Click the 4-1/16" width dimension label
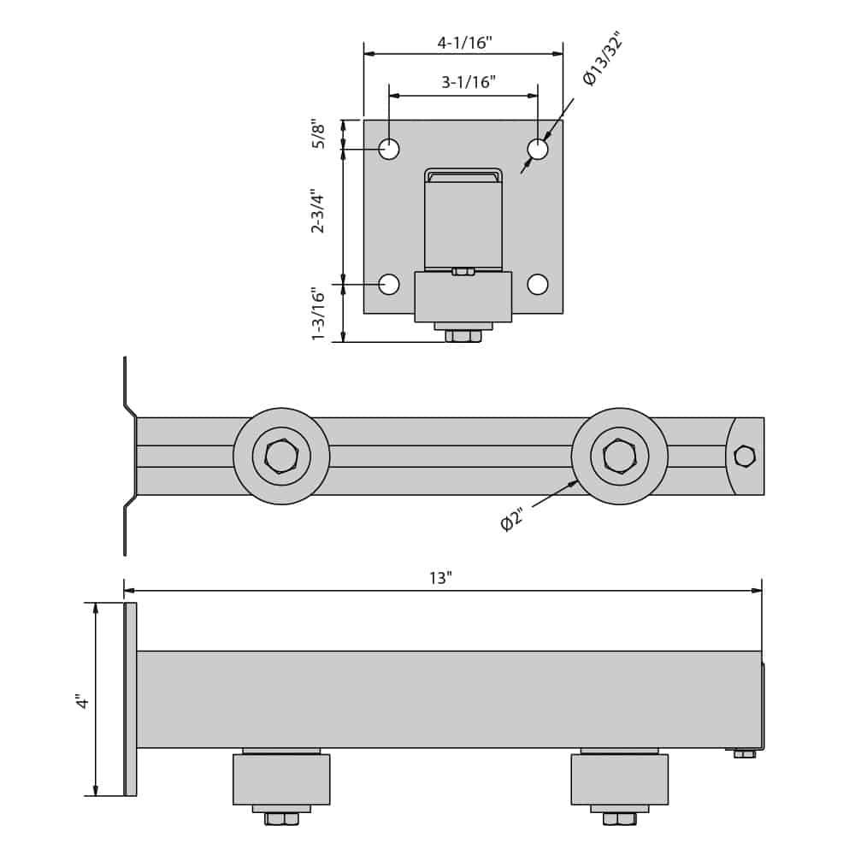pyautogui.click(x=464, y=43)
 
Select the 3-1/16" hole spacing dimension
pyautogui.click(x=468, y=83)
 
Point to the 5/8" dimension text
pyautogui.click(x=319, y=133)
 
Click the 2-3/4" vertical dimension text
pyautogui.click(x=318, y=211)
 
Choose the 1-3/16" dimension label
pyautogui.click(x=319, y=314)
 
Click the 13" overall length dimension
pyautogui.click(x=440, y=579)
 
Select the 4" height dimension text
pyautogui.click(x=82, y=701)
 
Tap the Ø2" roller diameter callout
pyautogui.click(x=511, y=520)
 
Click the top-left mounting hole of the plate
pyautogui.click(x=389, y=150)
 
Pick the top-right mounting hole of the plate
pyautogui.click(x=538, y=150)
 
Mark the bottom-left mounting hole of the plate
pyautogui.click(x=389, y=285)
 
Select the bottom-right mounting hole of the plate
pyautogui.click(x=538, y=285)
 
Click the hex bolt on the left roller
pyautogui.click(x=281, y=457)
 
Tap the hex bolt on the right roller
pyautogui.click(x=620, y=457)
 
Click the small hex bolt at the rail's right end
pyautogui.click(x=745, y=457)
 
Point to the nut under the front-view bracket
pyautogui.click(x=463, y=336)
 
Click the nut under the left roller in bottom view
pyautogui.click(x=281, y=819)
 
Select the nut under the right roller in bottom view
pyautogui.click(x=620, y=819)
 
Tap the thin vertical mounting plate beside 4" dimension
pyautogui.click(x=131, y=699)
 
